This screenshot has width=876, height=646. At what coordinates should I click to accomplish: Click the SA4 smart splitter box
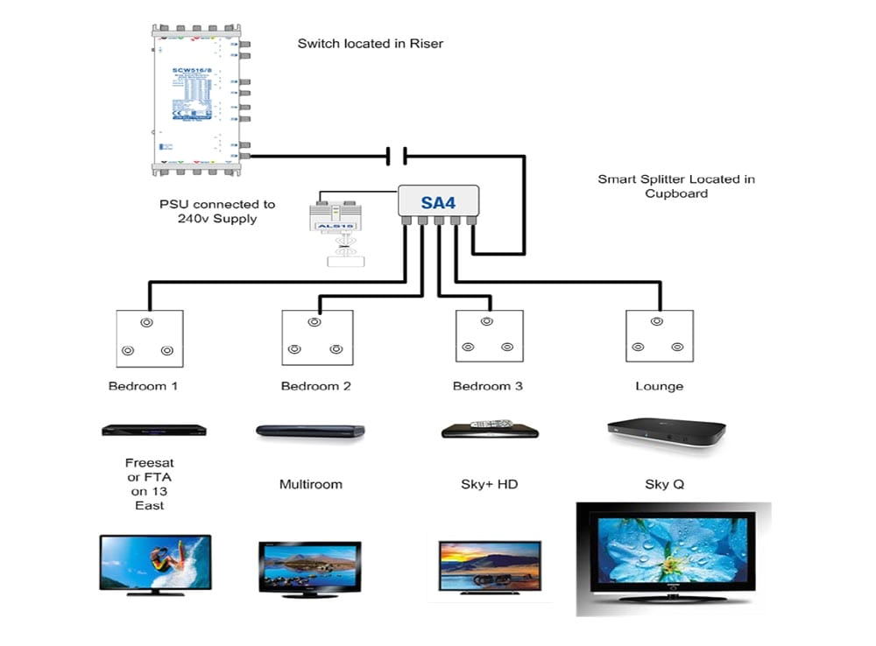(438, 201)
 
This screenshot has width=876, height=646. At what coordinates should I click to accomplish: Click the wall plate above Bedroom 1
(150, 338)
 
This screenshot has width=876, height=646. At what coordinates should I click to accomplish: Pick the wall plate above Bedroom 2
(317, 337)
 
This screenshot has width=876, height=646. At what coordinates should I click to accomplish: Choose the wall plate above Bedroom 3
(490, 336)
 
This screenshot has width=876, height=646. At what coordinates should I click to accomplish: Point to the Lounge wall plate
(660, 336)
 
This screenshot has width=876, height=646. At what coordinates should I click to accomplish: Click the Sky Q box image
(666, 432)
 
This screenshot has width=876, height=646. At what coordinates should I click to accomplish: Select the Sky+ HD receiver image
(489, 430)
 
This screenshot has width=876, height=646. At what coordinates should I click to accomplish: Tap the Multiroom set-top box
(309, 431)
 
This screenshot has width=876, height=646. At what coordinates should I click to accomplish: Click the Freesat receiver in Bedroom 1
(153, 431)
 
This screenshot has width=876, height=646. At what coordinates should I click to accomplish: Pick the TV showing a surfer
(155, 565)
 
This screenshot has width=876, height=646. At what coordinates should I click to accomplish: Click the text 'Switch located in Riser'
(370, 43)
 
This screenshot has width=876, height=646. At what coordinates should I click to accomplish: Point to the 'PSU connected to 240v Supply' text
(217, 211)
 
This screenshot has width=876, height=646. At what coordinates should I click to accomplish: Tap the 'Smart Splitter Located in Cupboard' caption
(676, 186)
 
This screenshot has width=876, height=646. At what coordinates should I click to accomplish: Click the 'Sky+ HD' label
(489, 484)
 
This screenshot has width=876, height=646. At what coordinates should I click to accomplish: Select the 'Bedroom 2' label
(315, 386)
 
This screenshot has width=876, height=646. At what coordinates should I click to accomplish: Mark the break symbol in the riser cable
(396, 157)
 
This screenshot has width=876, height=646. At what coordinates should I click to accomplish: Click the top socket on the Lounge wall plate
(658, 322)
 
